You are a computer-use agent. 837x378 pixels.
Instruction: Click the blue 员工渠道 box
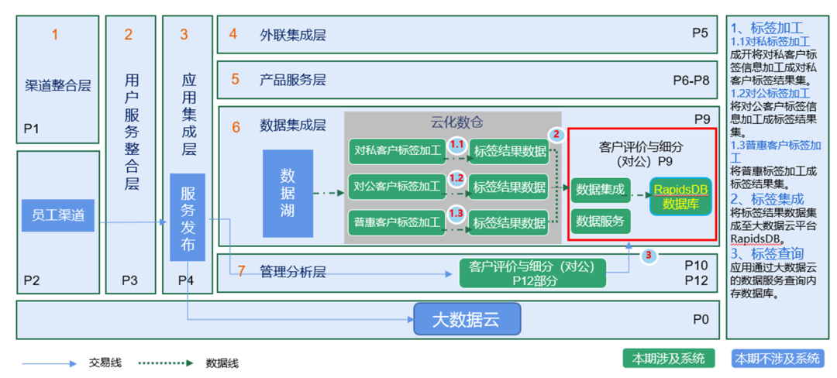(x=58, y=215)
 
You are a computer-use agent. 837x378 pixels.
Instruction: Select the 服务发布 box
(x=188, y=217)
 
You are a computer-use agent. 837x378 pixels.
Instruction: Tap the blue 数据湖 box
(x=288, y=193)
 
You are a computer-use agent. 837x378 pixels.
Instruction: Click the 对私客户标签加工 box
(x=397, y=150)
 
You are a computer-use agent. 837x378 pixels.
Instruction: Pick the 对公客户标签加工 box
(x=397, y=187)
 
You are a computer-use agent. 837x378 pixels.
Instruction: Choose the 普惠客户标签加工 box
(x=397, y=223)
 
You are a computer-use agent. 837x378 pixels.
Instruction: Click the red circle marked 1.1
(x=457, y=145)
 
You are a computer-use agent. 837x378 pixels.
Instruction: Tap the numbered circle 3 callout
(x=649, y=254)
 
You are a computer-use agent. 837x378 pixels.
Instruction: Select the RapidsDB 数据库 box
(x=680, y=197)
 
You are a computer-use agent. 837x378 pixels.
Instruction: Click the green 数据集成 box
(x=600, y=190)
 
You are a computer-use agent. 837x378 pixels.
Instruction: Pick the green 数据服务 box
(x=600, y=221)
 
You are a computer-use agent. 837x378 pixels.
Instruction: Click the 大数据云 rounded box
(x=467, y=319)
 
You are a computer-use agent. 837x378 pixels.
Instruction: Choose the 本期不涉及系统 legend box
(x=777, y=359)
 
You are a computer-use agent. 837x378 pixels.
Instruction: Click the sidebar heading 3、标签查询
(x=766, y=253)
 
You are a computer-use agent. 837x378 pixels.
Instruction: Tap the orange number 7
(x=241, y=271)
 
